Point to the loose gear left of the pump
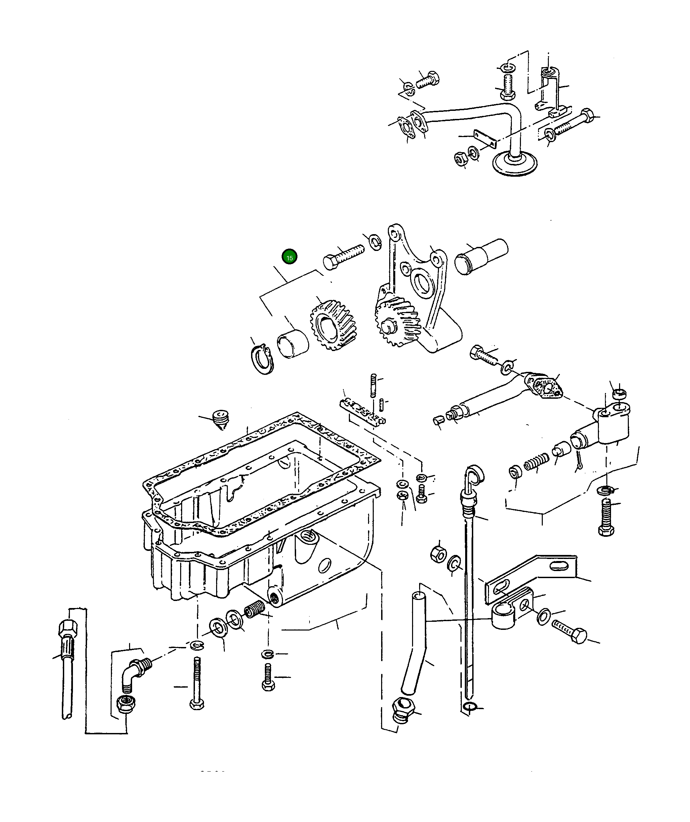[332, 325]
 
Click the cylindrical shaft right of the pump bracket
[481, 256]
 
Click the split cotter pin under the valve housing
[579, 462]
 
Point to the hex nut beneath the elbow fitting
[125, 704]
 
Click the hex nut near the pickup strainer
[460, 158]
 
